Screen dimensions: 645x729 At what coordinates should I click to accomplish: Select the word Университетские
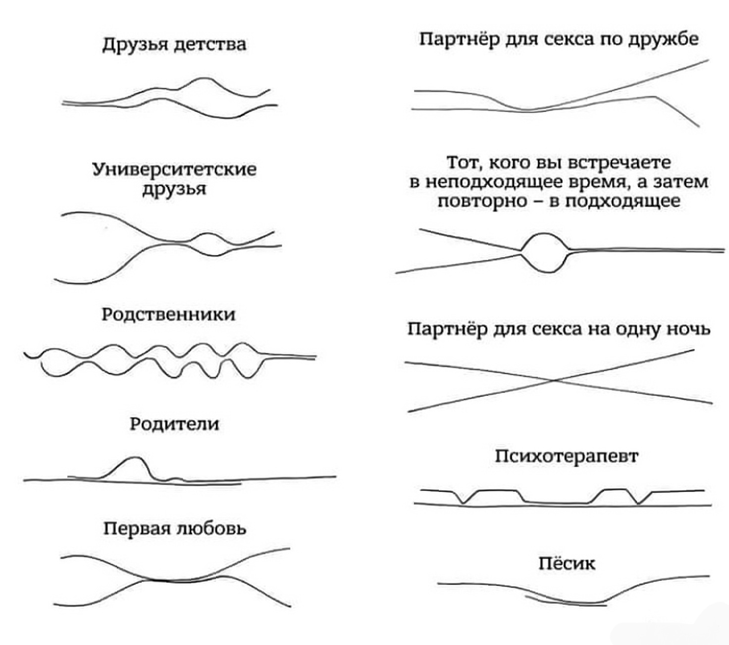pyautogui.click(x=174, y=170)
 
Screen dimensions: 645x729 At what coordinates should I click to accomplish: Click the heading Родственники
pyautogui.click(x=168, y=315)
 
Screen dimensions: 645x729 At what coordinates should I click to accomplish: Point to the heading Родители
pyautogui.click(x=174, y=424)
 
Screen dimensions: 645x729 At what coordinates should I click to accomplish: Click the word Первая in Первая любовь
pyautogui.click(x=136, y=529)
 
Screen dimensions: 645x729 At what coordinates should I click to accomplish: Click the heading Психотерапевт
pyautogui.click(x=567, y=456)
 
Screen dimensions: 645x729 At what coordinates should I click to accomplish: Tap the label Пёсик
pyautogui.click(x=567, y=563)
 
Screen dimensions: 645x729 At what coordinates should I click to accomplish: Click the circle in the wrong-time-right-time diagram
pyautogui.click(x=545, y=252)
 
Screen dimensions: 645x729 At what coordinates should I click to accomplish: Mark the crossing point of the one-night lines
pyautogui.click(x=555, y=380)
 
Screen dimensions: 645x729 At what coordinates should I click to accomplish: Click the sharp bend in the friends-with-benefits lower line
pyautogui.click(x=656, y=96)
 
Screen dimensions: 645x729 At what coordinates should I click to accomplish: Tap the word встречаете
pyautogui.click(x=619, y=163)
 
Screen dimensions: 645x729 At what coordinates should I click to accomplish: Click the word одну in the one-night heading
pyautogui.click(x=638, y=329)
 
